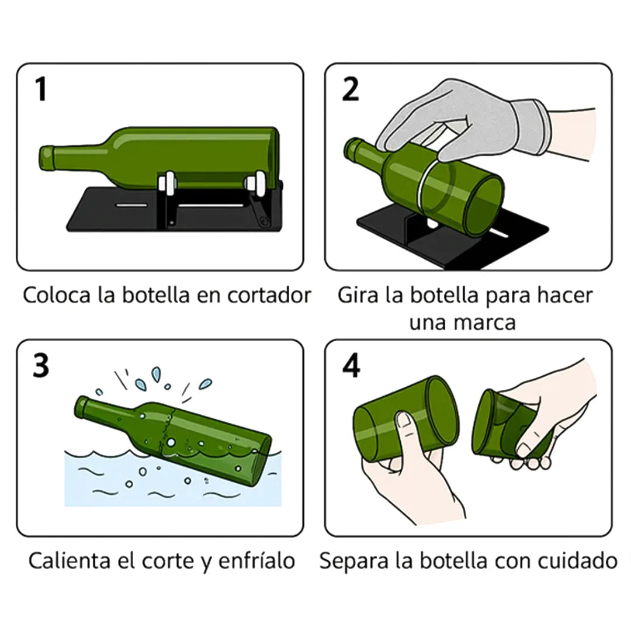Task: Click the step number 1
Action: [40, 90]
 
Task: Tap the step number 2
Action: [350, 90]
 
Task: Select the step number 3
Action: [40, 366]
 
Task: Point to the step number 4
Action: [351, 366]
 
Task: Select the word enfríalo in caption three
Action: [256, 561]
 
